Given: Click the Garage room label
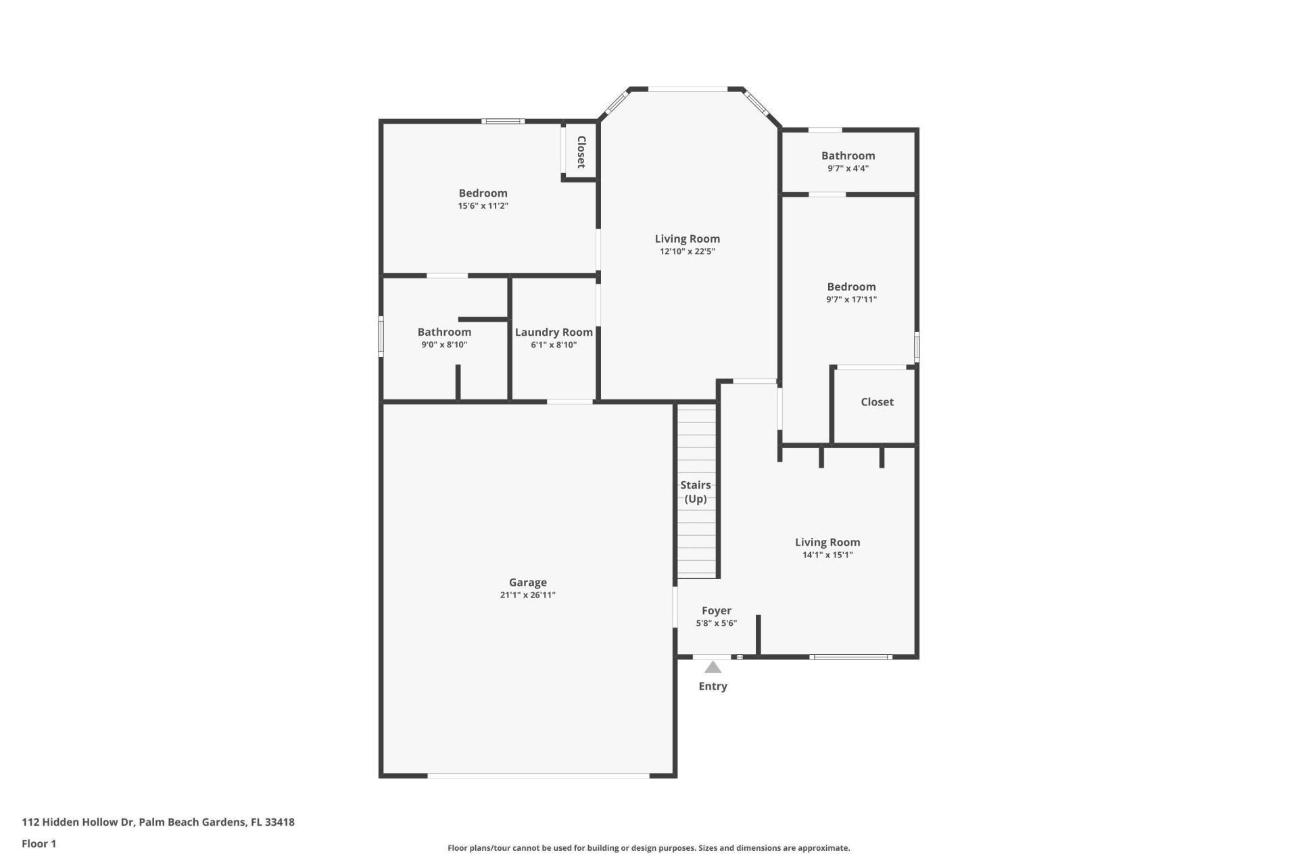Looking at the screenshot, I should (527, 582).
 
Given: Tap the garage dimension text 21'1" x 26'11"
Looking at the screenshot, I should (527, 595).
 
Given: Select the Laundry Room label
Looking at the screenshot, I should (554, 332).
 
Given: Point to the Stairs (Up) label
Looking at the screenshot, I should (695, 492).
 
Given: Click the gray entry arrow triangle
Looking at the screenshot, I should (713, 668).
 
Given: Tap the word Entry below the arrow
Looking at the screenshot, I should (713, 686).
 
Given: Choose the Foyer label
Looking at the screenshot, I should (716, 610).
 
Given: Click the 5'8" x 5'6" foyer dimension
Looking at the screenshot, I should (716, 624).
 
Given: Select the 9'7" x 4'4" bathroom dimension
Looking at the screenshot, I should (848, 168).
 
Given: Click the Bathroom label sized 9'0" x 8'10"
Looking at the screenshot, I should (444, 332).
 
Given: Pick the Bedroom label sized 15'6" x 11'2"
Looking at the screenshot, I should (483, 193).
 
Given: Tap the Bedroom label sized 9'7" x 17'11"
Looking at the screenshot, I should (851, 287).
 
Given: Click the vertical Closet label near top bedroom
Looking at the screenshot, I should (581, 152).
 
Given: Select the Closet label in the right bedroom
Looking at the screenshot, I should (877, 402).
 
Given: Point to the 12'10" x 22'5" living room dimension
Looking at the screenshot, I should (687, 251).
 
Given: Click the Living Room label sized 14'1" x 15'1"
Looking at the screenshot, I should (827, 542).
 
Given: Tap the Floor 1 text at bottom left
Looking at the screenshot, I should (39, 843).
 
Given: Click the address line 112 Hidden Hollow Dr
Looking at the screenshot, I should (158, 822).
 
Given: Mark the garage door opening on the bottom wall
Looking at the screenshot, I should (538, 775).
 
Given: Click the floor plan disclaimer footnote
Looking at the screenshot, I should (648, 848).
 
